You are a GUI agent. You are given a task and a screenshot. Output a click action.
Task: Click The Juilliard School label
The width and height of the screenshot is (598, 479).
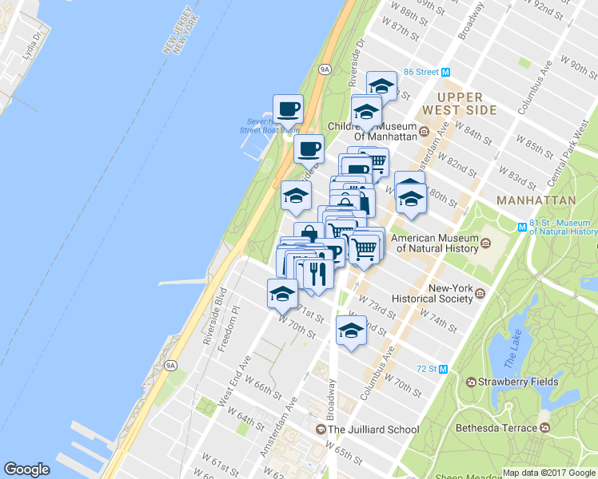(373, 430)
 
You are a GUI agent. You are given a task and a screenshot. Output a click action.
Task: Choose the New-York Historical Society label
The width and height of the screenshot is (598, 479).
(452, 294)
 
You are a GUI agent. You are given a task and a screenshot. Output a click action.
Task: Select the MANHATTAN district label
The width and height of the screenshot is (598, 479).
(536, 200)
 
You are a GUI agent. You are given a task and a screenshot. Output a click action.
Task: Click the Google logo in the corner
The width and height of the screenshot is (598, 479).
(27, 469)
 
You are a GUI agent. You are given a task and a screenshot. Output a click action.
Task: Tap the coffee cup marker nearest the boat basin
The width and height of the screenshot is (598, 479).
(288, 107)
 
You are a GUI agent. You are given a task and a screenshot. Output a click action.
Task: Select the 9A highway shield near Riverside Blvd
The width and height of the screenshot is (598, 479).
(169, 366)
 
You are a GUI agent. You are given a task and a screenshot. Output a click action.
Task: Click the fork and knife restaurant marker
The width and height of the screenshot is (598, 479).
(318, 274)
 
